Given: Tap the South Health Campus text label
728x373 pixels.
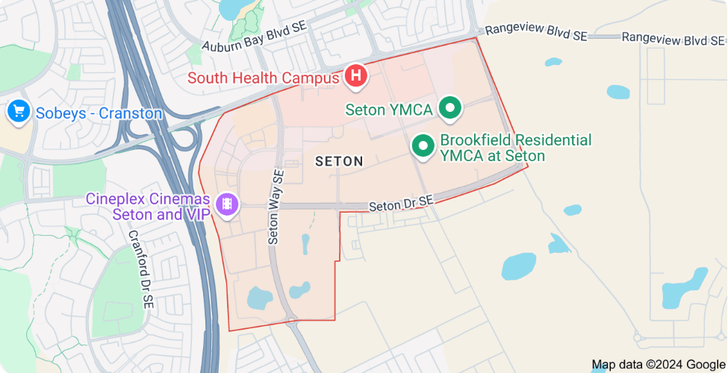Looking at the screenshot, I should coord(264,78).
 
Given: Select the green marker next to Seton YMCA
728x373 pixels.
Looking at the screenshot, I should coord(449,108).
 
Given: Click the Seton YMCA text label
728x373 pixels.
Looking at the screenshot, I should coord(389,110).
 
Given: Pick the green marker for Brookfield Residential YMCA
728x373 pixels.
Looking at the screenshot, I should coord(423,145).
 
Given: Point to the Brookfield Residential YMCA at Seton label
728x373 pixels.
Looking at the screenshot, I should coord(515,148).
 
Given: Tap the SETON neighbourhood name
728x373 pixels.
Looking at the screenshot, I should coord(339,161).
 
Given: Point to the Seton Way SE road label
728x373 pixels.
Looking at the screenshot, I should coord(276,207).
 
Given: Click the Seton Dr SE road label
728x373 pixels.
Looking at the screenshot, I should coord(401,202).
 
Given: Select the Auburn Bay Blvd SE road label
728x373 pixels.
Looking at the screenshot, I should coord(254,35).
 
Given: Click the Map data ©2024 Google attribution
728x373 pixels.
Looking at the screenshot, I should coord(658,365).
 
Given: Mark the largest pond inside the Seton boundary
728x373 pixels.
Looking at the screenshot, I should coord(260,298).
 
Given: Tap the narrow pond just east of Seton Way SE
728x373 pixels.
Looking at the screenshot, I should coord(305,244).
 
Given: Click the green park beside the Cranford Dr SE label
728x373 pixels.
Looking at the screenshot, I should coord(112,283).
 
